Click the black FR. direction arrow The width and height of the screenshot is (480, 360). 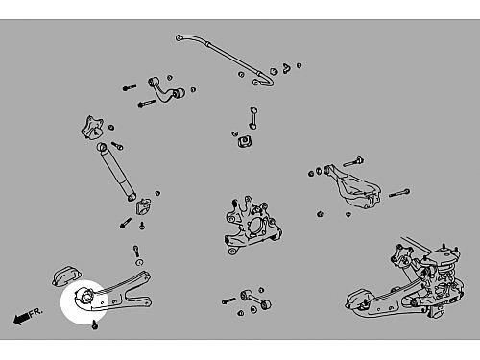21,319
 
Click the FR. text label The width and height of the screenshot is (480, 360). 36,312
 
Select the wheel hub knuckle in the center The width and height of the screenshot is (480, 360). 252,225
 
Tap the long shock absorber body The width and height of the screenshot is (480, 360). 116,172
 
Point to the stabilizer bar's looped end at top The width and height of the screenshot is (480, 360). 180,38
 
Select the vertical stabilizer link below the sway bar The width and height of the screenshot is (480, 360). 253,118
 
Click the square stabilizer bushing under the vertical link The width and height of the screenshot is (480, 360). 245,141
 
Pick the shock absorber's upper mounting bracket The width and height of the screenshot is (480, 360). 92,128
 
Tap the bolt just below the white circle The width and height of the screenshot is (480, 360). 95,325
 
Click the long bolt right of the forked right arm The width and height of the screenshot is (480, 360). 399,193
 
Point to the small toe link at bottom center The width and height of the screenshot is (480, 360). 255,300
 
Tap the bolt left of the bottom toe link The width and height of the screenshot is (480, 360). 228,300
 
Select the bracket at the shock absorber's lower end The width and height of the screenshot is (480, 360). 144,206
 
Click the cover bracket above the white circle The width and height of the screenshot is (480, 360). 66,276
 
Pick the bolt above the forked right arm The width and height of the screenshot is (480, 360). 353,161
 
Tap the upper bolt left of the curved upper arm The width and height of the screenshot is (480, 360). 130,87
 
